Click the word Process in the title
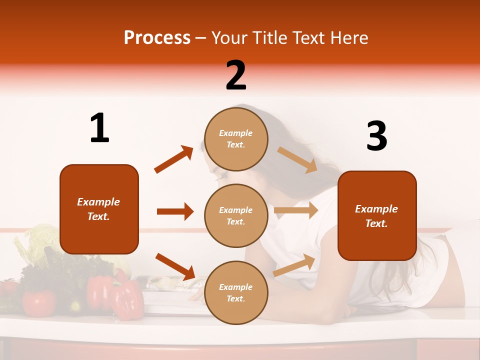click(x=157, y=38)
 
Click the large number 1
click(x=99, y=128)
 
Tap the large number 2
click(x=236, y=75)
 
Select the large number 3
click(x=376, y=136)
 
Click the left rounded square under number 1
click(x=99, y=209)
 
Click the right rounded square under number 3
click(x=377, y=215)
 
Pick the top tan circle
click(x=236, y=139)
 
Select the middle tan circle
click(x=236, y=215)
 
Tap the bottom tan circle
click(x=236, y=292)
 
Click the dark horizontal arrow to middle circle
click(x=175, y=211)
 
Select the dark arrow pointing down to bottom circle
click(x=175, y=266)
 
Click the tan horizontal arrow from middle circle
click(x=296, y=210)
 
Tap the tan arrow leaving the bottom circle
click(x=294, y=265)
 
